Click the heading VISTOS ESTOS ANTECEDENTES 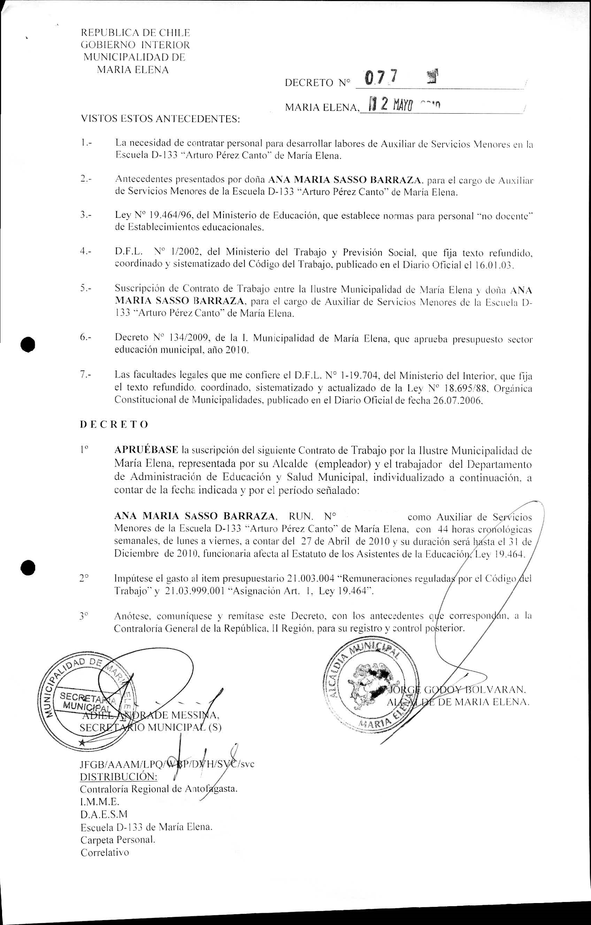tap(160, 119)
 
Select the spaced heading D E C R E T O tap(114, 425)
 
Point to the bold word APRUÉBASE tap(146, 450)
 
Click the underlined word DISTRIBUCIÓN tap(118, 777)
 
